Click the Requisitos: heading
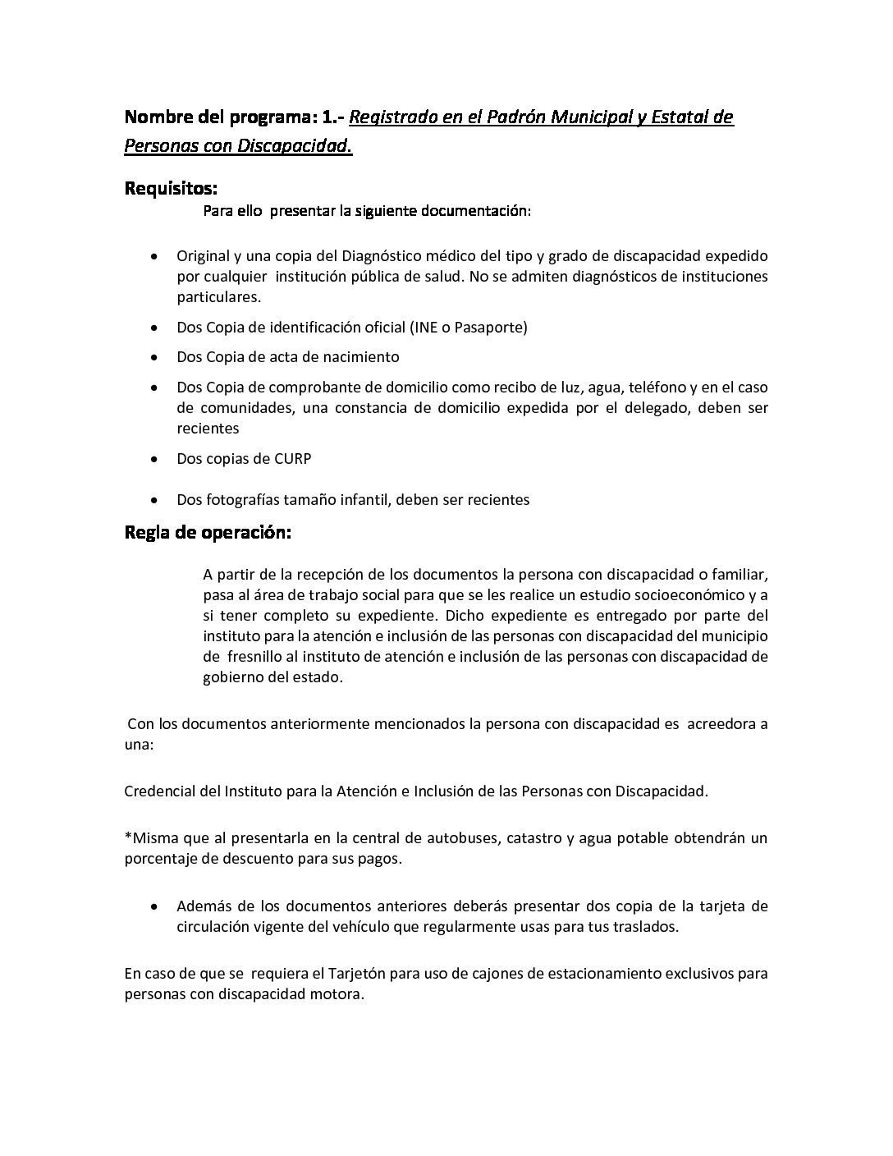click(x=171, y=189)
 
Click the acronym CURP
click(x=292, y=458)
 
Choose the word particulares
click(x=219, y=296)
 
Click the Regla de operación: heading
click(x=208, y=532)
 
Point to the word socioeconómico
click(x=692, y=594)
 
